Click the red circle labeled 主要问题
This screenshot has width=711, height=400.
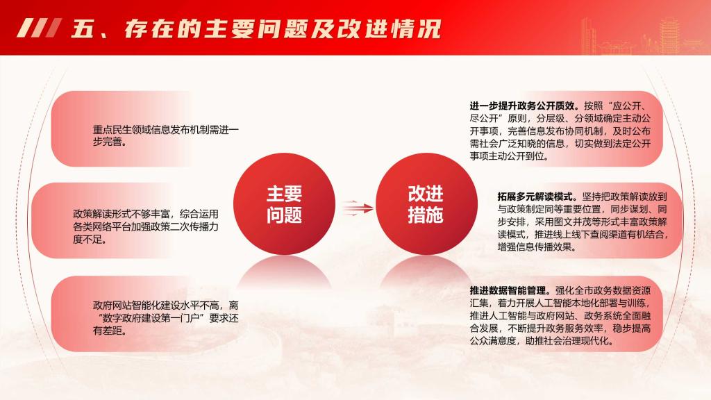284,204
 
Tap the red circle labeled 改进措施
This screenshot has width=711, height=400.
427,204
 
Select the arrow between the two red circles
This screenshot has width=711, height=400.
358,208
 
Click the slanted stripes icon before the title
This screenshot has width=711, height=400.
39,28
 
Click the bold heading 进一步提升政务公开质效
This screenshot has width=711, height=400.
524,106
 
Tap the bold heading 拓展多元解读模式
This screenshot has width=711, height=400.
537,197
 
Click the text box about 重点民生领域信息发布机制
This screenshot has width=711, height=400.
165,135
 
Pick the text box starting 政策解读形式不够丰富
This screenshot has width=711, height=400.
146,226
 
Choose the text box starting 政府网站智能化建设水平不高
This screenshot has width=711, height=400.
165,318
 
